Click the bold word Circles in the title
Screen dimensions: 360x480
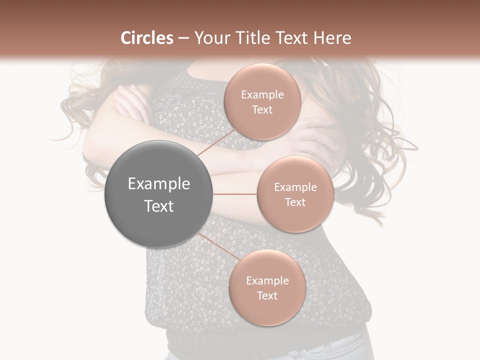click(x=147, y=38)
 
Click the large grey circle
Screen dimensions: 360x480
click(x=159, y=194)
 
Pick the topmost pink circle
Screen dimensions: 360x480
click(x=262, y=101)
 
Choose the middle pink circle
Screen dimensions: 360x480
click(x=295, y=194)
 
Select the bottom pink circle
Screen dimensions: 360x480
click(x=267, y=287)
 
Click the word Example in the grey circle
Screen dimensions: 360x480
click(x=159, y=184)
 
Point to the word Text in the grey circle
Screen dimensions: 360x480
click(x=159, y=206)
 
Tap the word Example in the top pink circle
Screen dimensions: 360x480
click(x=262, y=94)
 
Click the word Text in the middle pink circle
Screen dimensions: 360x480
click(x=295, y=202)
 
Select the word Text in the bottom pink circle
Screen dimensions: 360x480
click(x=267, y=295)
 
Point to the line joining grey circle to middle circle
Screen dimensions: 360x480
click(x=235, y=194)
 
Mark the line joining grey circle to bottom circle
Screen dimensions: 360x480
click(x=218, y=247)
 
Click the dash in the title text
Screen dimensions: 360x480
click(x=183, y=38)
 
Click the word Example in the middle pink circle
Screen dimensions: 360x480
click(x=295, y=187)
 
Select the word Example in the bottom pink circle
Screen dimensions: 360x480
click(x=267, y=280)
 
